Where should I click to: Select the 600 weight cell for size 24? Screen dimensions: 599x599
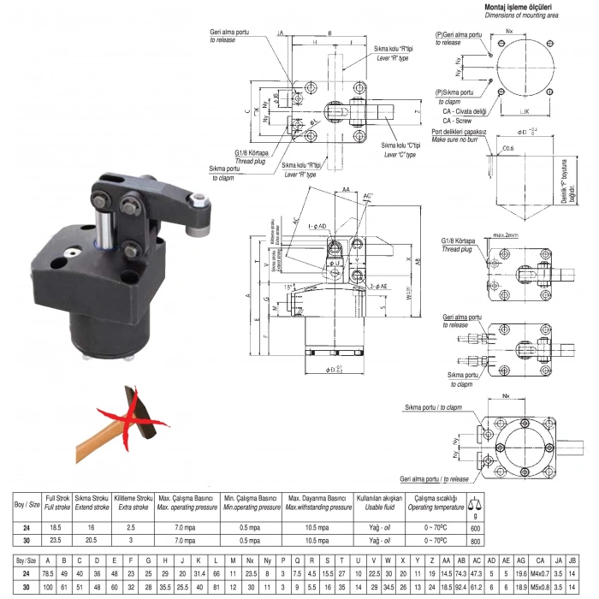476,529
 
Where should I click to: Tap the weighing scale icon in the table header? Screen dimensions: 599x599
476,503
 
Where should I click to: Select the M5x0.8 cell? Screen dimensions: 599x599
539,588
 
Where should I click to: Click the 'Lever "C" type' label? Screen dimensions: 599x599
400,155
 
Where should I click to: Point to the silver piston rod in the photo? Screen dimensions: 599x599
104,227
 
